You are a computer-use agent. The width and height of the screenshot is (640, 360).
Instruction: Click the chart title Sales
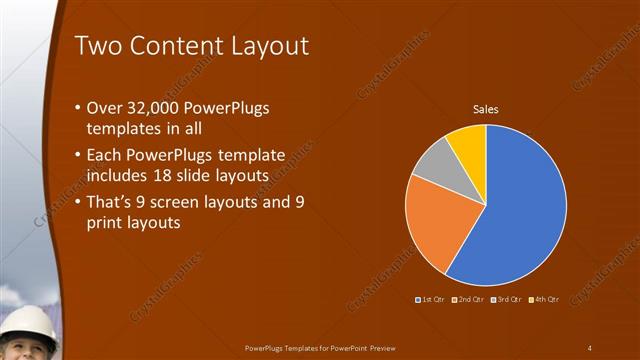tap(486, 109)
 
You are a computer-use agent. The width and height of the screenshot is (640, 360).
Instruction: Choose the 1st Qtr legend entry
tap(431, 299)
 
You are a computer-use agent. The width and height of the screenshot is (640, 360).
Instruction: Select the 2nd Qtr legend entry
tap(469, 299)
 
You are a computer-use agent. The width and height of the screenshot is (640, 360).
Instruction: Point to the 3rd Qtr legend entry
tap(506, 299)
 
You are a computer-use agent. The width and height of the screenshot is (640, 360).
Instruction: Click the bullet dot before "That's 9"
tap(79, 204)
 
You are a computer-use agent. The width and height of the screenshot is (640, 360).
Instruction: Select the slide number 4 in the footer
tap(590, 347)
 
